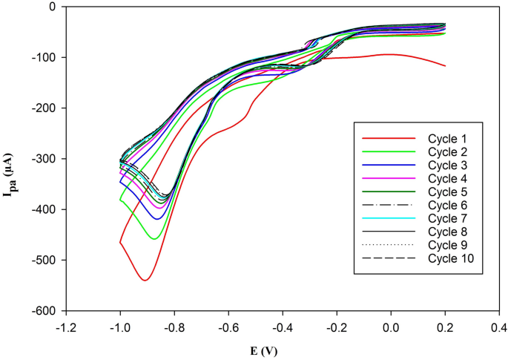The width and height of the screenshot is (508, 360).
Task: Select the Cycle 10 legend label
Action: point(452,258)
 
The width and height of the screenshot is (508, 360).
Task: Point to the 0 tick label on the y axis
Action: point(51,7)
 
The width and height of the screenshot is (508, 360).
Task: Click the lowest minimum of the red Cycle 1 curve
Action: point(145,280)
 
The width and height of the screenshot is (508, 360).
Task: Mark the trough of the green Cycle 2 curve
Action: point(154,239)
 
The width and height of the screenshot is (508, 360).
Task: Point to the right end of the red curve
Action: point(445,66)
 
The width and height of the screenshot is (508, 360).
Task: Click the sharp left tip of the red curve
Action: point(120,242)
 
